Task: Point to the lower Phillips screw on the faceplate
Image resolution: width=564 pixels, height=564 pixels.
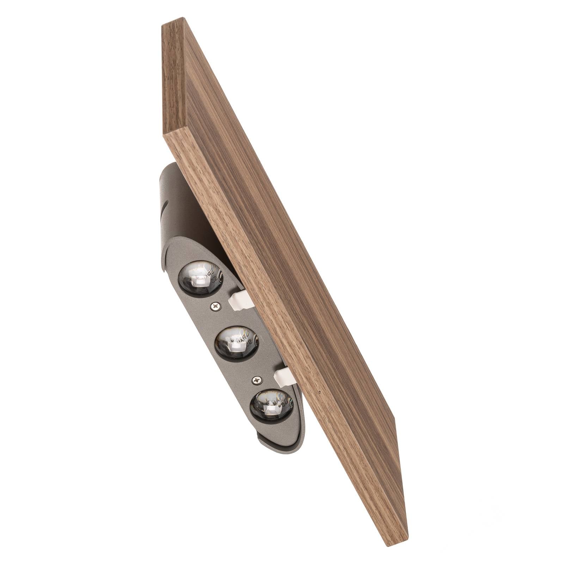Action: click(257, 379)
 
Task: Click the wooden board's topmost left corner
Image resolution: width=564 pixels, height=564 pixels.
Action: click(163, 25)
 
